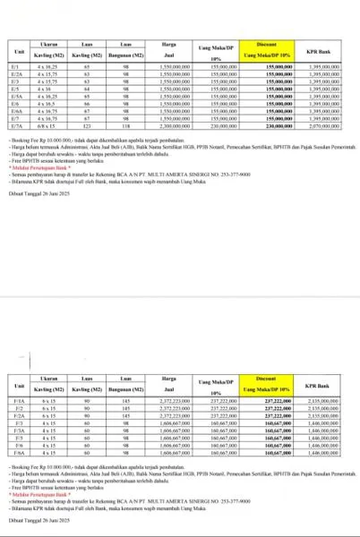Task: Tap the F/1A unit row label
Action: click(x=15, y=402)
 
